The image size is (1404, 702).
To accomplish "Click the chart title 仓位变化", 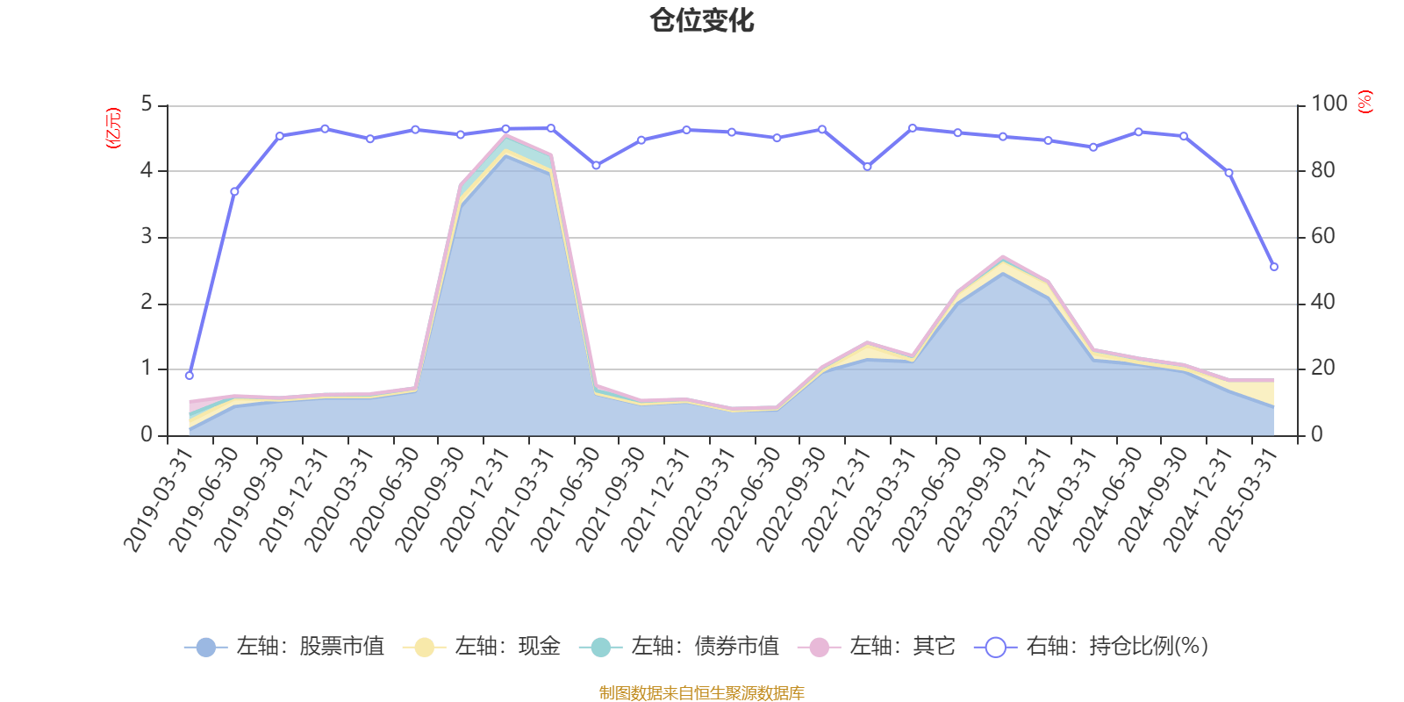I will [702, 20].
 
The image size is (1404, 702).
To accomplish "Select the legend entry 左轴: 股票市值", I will [284, 648].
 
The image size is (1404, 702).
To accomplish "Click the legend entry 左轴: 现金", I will [482, 648].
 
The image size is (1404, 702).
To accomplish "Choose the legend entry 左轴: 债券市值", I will [679, 648].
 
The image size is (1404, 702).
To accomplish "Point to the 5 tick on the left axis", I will [147, 104].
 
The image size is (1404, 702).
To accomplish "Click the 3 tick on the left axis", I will [147, 237].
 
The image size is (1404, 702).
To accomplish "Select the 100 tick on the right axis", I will [1329, 104].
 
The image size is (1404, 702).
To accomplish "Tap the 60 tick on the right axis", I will [1322, 237].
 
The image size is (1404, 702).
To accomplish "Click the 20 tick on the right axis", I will [1322, 369].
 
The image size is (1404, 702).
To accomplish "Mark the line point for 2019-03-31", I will [190, 376].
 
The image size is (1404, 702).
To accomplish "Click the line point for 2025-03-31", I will [1274, 267].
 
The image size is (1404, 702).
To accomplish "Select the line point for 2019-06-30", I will [234, 191].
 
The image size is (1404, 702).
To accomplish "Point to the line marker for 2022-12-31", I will [867, 167].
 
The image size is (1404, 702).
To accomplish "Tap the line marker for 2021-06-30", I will [596, 165].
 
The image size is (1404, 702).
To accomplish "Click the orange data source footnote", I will [701, 693].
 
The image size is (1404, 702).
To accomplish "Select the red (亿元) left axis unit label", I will [112, 128].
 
